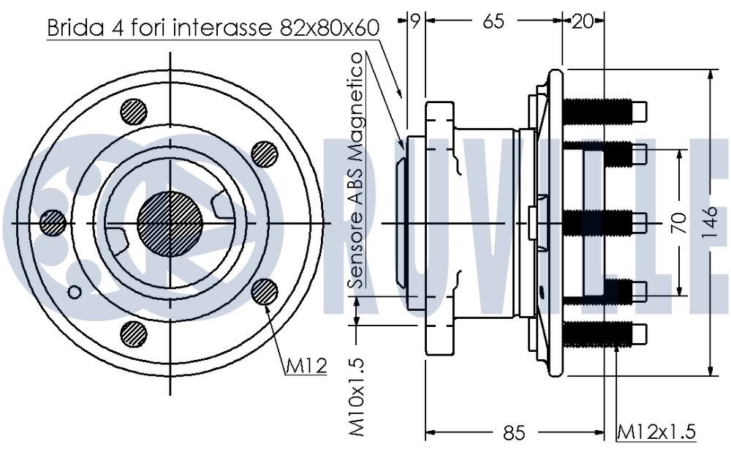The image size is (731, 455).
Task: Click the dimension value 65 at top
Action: point(493,21)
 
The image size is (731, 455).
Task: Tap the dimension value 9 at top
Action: point(415,20)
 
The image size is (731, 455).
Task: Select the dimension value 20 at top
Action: point(583,21)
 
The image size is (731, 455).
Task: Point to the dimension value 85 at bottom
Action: point(514,432)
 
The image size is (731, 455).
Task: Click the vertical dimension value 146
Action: point(710,222)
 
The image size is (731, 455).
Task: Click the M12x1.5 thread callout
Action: point(656,431)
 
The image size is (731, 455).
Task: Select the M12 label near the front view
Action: point(306,366)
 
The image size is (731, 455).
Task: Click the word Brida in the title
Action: point(75,28)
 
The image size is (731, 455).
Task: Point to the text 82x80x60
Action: point(330,28)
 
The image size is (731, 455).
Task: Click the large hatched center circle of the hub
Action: point(170,224)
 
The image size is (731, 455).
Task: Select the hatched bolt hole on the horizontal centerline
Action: point(53,223)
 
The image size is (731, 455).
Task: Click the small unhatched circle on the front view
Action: point(74,293)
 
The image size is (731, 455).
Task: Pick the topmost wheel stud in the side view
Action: point(605,111)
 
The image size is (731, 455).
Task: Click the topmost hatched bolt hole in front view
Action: point(134,112)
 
